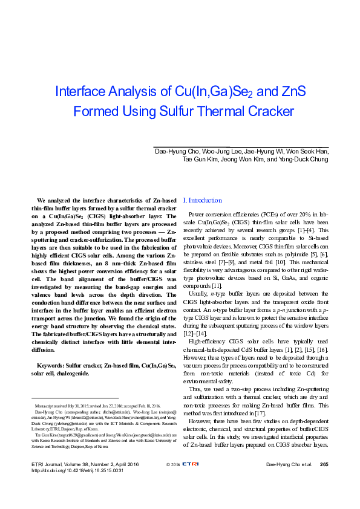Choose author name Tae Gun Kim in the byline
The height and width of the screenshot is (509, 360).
[x=200, y=160]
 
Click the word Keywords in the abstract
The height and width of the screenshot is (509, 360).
[x=51, y=366]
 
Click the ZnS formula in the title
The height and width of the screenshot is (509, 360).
[x=293, y=92]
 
